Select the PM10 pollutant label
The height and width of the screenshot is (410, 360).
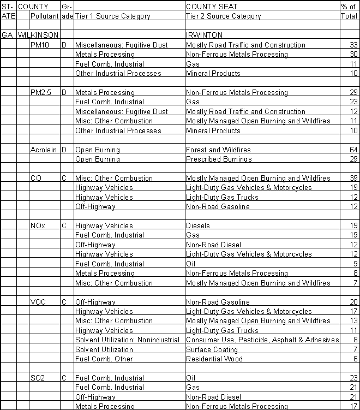(x=41, y=45)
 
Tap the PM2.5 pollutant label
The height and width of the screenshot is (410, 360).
(x=42, y=92)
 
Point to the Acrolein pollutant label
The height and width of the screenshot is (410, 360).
(x=44, y=150)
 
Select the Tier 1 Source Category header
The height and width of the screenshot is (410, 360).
(x=112, y=16)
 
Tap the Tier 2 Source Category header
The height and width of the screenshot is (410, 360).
(x=224, y=16)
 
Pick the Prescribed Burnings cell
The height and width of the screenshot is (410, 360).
(x=219, y=159)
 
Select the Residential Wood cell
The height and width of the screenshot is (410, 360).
(x=214, y=359)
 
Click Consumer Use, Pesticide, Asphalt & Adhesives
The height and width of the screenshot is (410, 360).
(x=262, y=340)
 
